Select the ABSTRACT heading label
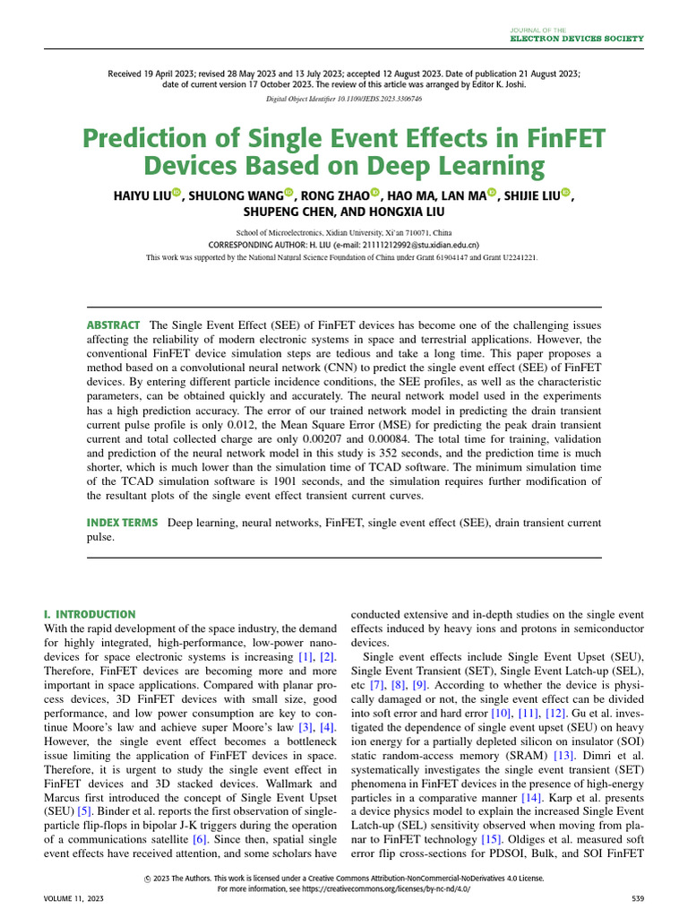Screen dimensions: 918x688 [x=113, y=325]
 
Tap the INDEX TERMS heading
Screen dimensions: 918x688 [x=123, y=522]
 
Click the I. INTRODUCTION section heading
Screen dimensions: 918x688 [x=90, y=614]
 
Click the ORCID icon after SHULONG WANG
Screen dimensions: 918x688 [x=289, y=194]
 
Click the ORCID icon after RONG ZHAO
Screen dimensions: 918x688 [x=374, y=194]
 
